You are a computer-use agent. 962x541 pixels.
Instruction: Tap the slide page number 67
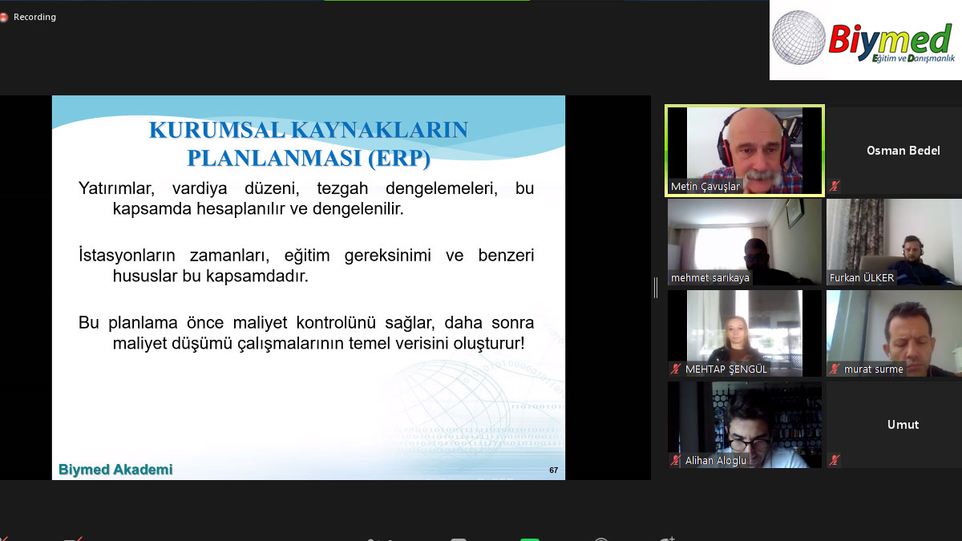(553, 470)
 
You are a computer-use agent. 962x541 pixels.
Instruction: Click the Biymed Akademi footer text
(115, 470)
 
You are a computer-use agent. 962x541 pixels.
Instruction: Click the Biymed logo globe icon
(798, 38)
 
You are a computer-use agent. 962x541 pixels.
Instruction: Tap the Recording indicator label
(34, 17)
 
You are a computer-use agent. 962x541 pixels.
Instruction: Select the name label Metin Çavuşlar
(705, 187)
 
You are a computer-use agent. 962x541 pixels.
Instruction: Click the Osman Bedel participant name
(903, 151)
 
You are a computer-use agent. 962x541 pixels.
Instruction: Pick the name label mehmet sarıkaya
(710, 278)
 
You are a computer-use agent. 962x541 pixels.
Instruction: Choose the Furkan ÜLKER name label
(862, 278)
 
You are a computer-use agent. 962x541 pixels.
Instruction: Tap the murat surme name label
(873, 369)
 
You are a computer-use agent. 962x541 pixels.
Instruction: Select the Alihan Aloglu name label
(716, 461)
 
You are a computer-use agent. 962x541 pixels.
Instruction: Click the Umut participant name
(903, 425)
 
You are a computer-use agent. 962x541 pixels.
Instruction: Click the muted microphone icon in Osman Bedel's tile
(835, 187)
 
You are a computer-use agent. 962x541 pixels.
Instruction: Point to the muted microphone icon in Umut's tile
(835, 461)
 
